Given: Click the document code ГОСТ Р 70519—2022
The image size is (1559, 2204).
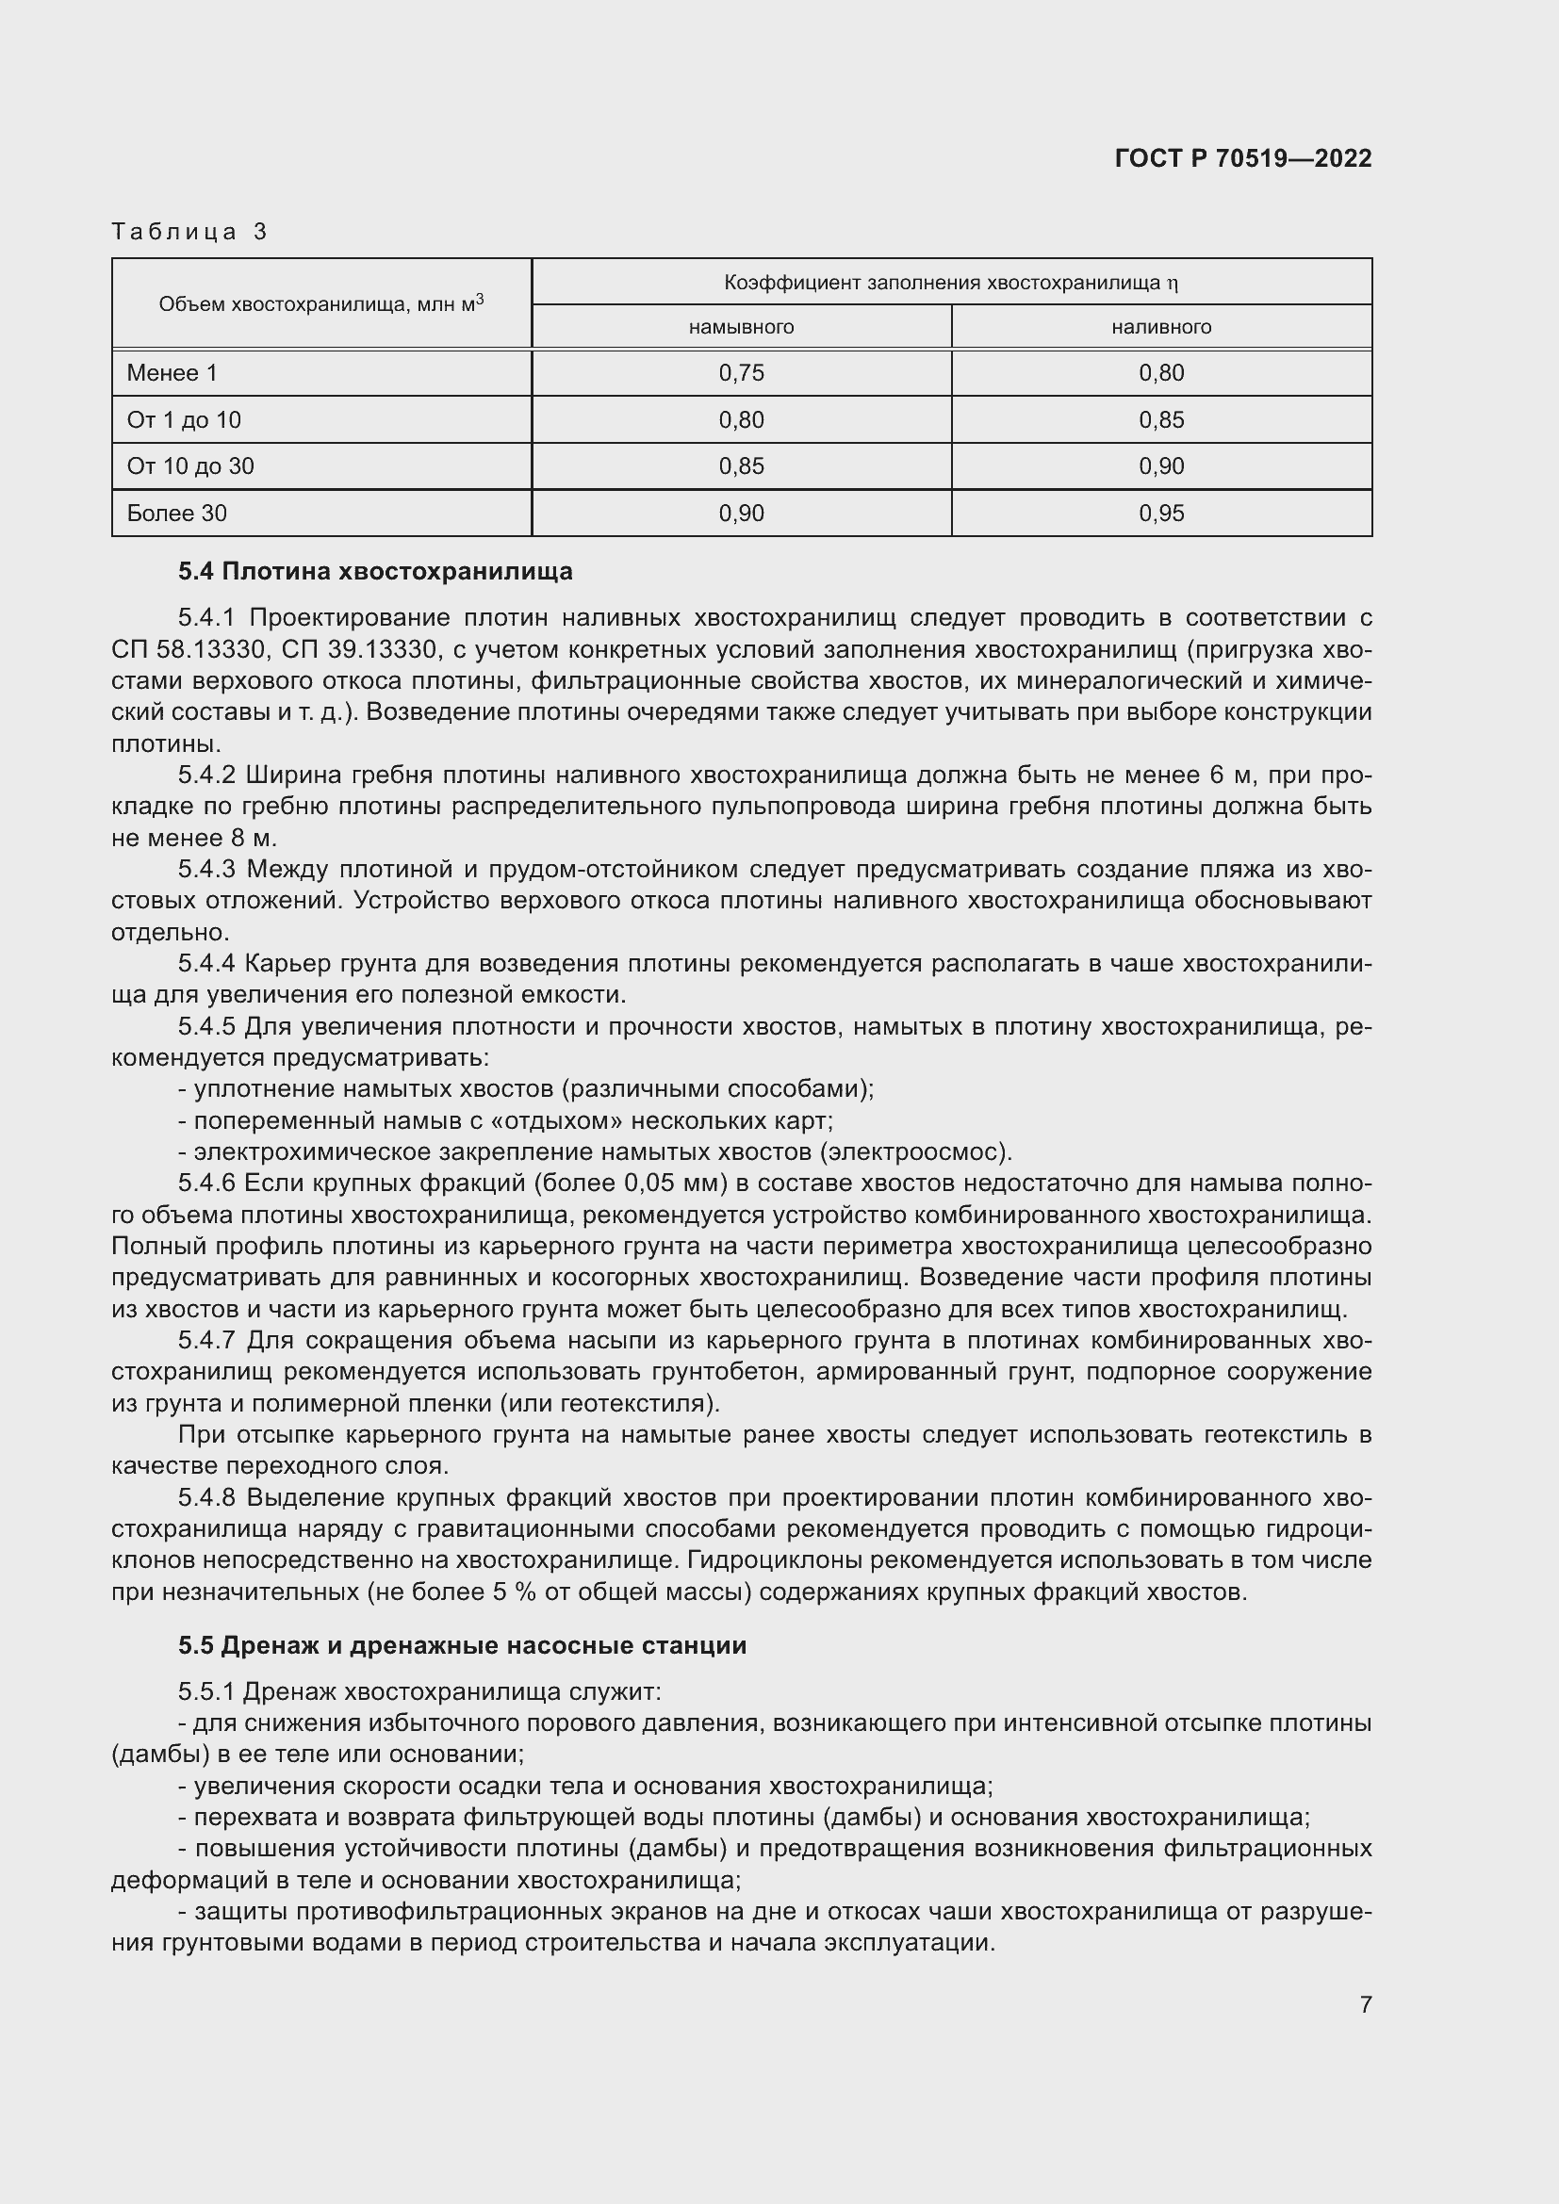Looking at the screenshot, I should click(1243, 158).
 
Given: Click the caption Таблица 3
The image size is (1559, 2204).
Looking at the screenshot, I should click(189, 232).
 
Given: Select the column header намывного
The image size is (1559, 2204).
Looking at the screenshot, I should click(741, 327).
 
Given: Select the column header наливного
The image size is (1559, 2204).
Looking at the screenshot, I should click(1161, 327).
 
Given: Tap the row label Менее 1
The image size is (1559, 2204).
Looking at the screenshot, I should click(172, 373).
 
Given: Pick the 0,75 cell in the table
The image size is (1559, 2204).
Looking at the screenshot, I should click(741, 373).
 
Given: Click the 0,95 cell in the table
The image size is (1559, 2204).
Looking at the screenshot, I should click(1161, 514).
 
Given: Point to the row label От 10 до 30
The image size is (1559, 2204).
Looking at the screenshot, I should click(190, 466).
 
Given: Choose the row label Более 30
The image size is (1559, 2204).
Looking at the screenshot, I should click(176, 514).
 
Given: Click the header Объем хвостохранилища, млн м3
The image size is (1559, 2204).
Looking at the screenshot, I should click(320, 304).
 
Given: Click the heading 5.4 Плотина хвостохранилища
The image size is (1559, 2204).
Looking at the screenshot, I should click(375, 572).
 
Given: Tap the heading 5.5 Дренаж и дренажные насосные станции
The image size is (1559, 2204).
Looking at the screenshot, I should click(462, 1645).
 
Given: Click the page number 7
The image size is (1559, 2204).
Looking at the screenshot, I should click(1365, 2004).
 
